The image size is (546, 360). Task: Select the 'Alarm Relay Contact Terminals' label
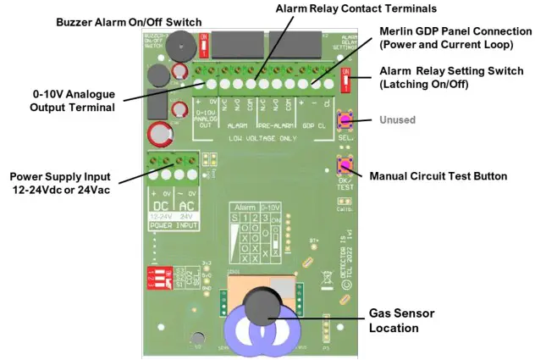[x=356, y=8]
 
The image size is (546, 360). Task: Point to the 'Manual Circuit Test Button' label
[x=438, y=176]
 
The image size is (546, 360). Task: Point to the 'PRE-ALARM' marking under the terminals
[x=275, y=125]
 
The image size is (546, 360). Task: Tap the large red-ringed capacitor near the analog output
[x=159, y=134]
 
